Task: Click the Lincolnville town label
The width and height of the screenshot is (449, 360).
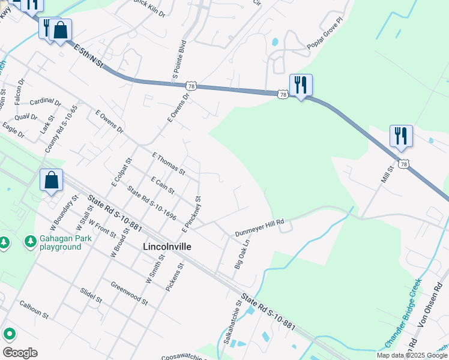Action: [x=167, y=247]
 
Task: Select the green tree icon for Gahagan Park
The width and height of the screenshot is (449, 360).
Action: [x=30, y=241]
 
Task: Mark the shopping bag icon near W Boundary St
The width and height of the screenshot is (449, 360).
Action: [x=51, y=180]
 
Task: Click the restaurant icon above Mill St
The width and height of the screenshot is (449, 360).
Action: [x=400, y=136]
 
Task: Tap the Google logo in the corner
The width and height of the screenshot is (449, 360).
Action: [x=20, y=353]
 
